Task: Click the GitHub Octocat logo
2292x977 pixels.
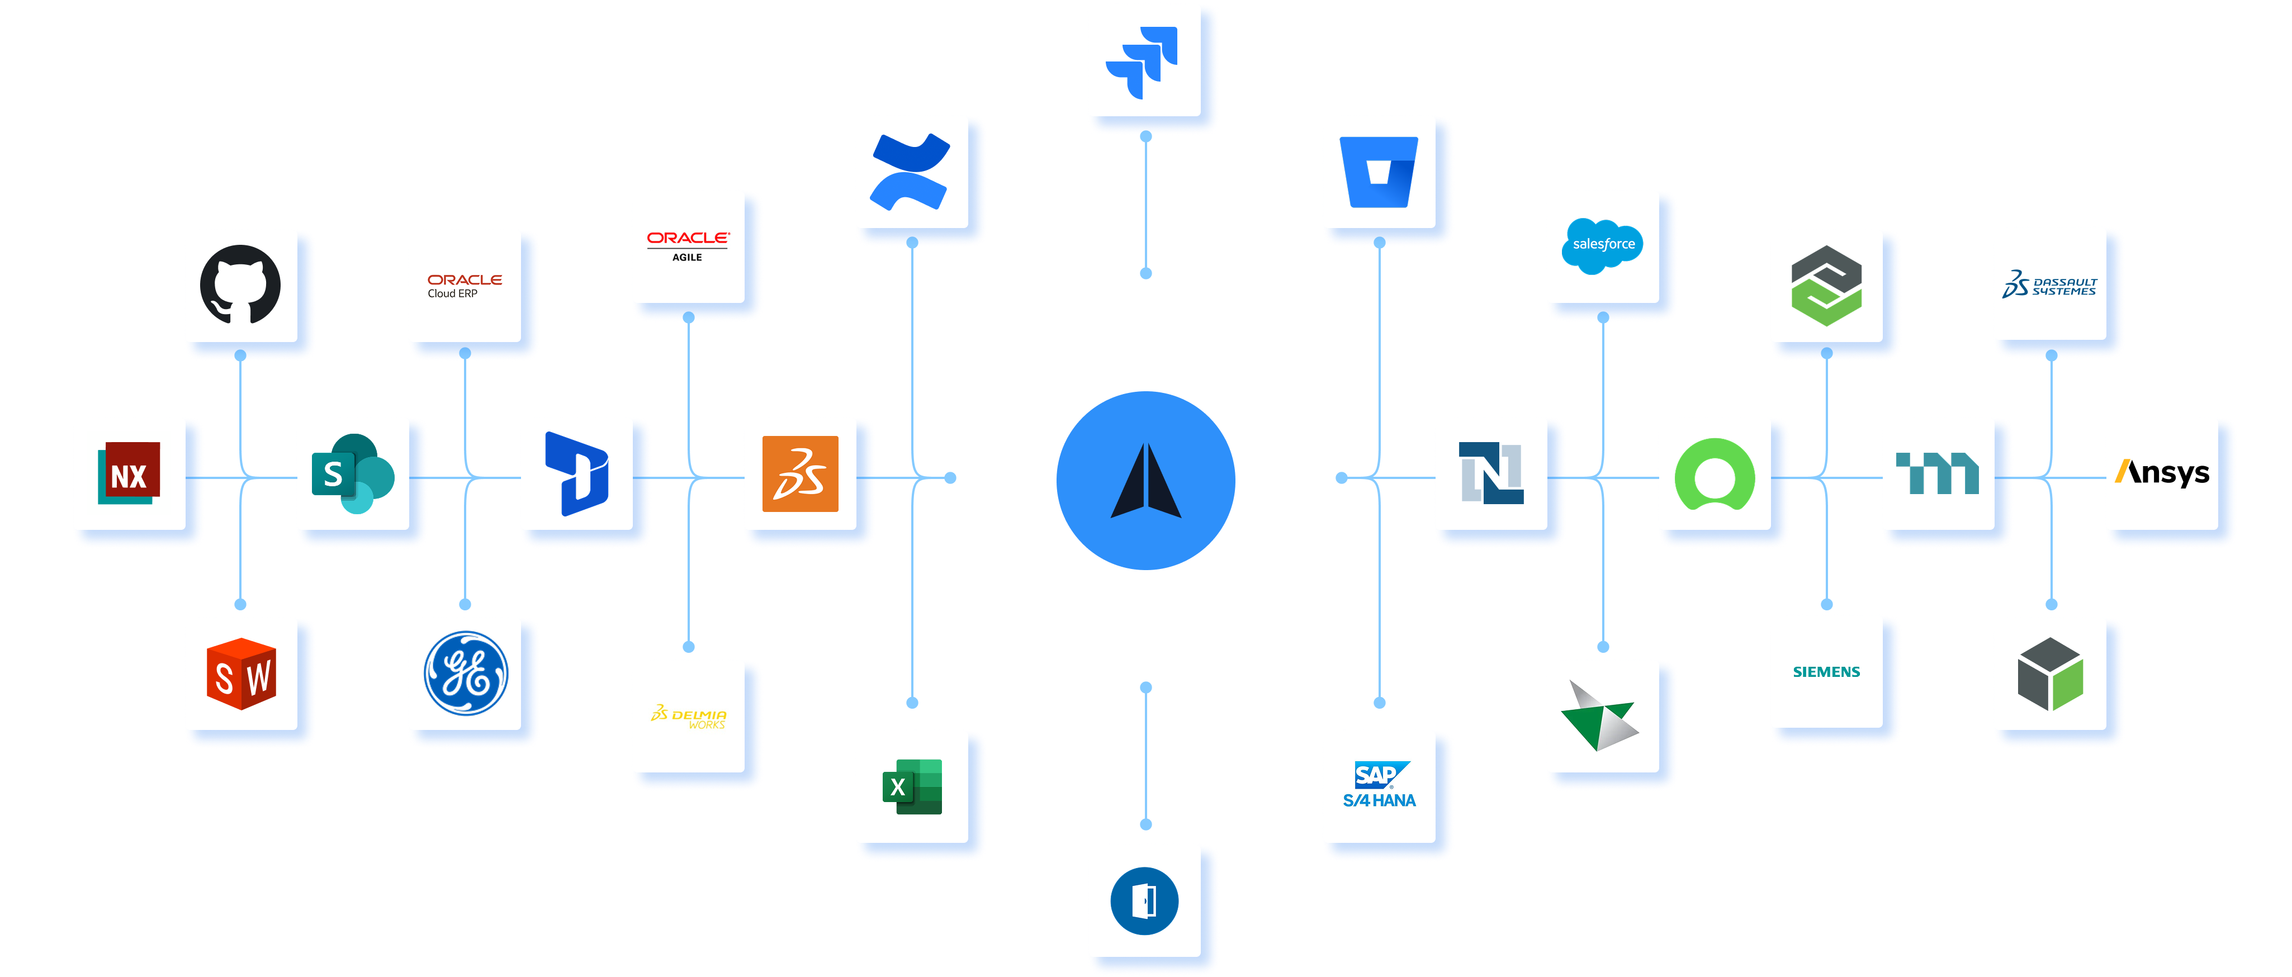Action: (240, 284)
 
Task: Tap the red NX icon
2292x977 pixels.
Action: (129, 473)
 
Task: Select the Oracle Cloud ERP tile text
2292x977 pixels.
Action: (465, 286)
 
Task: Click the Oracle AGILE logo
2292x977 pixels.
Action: (688, 245)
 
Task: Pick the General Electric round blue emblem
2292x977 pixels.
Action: (465, 673)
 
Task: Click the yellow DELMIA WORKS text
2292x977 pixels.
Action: (690, 717)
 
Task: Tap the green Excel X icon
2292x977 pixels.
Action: (912, 786)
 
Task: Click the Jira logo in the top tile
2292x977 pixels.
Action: (1143, 61)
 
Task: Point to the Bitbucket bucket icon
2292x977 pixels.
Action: (1379, 172)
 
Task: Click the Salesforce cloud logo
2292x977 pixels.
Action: (1603, 245)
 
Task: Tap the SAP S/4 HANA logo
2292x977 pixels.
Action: (1379, 786)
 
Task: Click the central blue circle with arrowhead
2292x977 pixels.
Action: (1146, 481)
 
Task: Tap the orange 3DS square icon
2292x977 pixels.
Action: (800, 473)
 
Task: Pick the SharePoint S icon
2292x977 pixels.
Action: (352, 473)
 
